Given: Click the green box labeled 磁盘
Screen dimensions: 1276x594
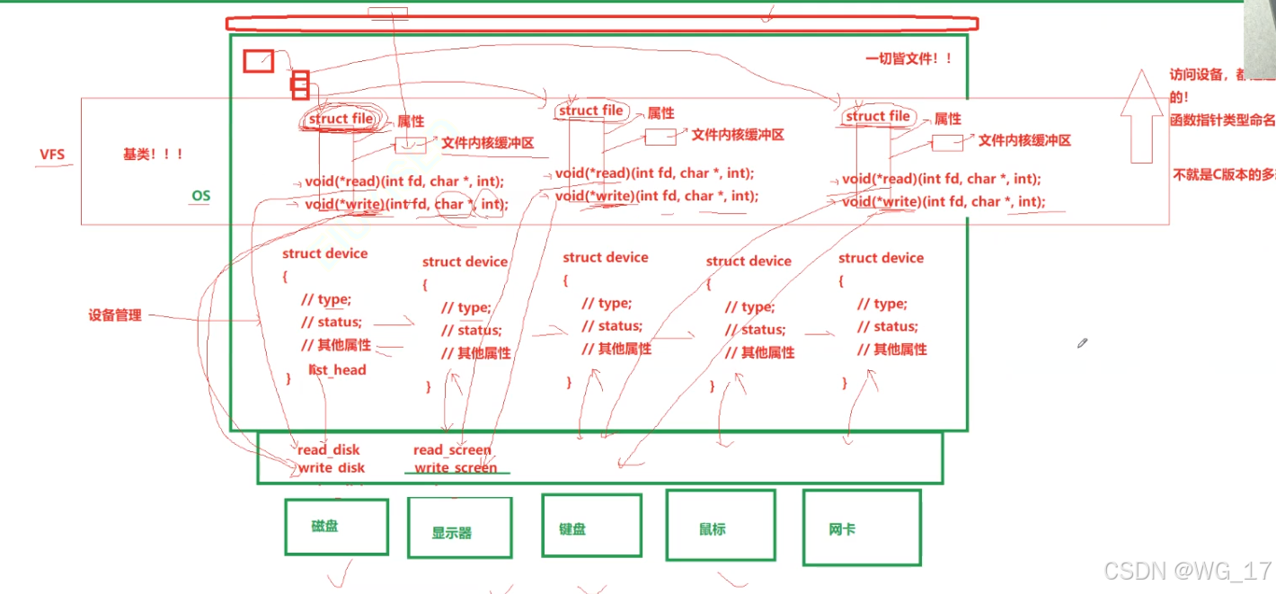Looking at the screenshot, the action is [336, 527].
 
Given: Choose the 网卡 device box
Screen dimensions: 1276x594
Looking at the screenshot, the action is [861, 528].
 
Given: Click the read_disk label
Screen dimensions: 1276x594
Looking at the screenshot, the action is [329, 450].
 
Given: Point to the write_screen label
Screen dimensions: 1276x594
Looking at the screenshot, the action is [456, 467].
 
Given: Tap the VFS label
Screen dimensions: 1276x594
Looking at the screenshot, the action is [51, 155].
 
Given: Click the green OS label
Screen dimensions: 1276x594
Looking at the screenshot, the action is [200, 195].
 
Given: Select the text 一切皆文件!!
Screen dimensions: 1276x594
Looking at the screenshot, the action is [908, 59].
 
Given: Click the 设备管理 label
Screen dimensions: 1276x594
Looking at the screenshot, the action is [115, 315].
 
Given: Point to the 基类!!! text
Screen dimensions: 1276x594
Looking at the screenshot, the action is [153, 155].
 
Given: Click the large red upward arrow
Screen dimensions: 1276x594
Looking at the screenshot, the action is [1141, 117].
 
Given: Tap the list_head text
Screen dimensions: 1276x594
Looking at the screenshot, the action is [338, 369].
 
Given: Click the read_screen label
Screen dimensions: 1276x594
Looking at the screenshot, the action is [452, 449].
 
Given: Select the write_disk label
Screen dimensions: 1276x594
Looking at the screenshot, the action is [332, 467].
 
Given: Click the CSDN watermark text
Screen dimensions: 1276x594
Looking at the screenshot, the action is [1186, 571].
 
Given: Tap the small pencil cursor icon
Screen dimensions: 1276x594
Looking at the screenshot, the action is [1083, 343].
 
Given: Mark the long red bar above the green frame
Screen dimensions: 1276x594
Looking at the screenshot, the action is [601, 24].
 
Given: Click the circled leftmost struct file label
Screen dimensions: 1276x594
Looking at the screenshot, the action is [341, 120].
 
